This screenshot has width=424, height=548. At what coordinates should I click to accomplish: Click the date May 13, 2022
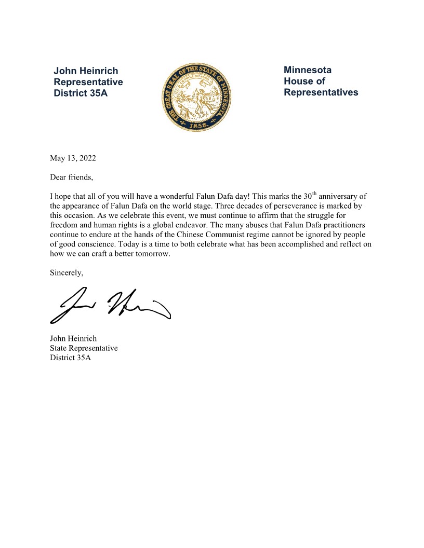(73, 158)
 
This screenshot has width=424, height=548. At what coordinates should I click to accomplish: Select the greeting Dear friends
(71, 177)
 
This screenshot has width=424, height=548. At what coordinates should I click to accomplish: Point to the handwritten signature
(110, 304)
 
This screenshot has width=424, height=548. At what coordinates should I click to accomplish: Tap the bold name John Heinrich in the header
(86, 71)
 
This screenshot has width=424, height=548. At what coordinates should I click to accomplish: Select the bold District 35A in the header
(81, 93)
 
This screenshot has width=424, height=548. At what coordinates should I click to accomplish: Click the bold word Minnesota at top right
(308, 70)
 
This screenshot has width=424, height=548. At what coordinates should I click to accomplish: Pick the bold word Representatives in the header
(321, 92)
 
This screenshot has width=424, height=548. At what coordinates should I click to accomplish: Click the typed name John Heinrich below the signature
(73, 338)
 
